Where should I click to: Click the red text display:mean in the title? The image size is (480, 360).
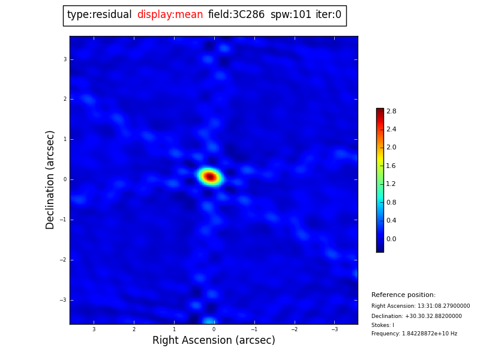(x=170, y=15)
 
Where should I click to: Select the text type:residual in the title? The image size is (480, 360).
(x=99, y=15)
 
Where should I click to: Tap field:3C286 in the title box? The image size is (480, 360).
(x=236, y=15)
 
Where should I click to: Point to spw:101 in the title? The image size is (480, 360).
(x=291, y=15)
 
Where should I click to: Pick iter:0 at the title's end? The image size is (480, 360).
(x=328, y=15)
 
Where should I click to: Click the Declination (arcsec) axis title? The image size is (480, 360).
(x=50, y=179)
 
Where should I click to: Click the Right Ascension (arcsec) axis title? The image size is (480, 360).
(x=214, y=341)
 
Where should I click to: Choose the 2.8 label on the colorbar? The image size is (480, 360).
(x=391, y=111)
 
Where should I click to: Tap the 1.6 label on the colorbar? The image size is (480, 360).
(x=391, y=166)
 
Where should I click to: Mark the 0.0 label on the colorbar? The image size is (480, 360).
(x=391, y=239)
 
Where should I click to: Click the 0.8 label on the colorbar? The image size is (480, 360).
(x=391, y=202)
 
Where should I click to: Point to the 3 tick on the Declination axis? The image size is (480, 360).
(x=65, y=59)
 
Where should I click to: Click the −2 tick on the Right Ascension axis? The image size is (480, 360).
(x=294, y=329)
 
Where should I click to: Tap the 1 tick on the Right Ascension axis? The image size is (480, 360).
(x=174, y=329)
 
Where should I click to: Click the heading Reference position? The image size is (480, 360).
(x=403, y=295)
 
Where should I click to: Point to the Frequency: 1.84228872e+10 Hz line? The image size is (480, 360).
(x=414, y=334)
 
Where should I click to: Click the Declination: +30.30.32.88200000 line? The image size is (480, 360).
(x=416, y=316)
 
